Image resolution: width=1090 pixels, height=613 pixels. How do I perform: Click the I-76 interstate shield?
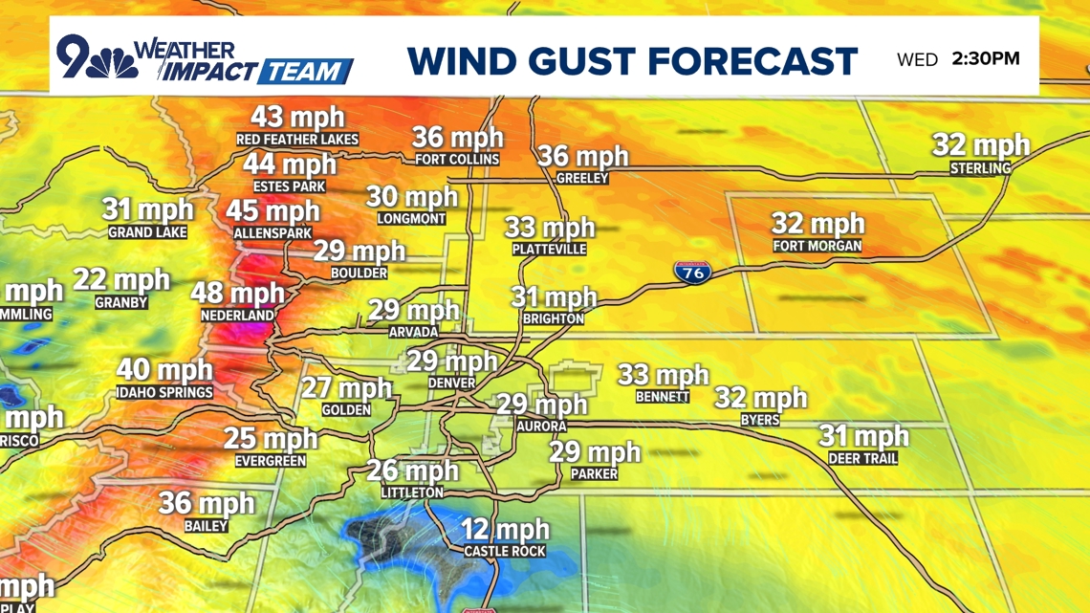coord(691,272)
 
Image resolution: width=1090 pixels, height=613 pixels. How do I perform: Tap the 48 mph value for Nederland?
coord(237,294)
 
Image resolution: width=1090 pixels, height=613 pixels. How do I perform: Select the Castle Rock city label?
coord(504,551)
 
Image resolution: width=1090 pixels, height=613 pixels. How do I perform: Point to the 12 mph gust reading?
coord(505,529)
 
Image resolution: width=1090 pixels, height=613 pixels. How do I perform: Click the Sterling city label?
coord(980,168)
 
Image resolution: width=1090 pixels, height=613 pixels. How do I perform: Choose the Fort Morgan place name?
coord(817,247)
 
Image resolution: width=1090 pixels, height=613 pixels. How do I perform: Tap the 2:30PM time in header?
coord(986,59)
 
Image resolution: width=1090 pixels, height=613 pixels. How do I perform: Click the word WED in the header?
coord(917,60)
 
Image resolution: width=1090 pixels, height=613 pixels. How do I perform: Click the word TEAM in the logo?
coord(305,72)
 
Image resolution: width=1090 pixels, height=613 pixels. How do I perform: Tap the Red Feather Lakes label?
coord(297,140)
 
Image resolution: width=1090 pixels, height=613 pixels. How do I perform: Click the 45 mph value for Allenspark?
coord(273,210)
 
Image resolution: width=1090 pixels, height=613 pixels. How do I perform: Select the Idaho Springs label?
coord(164,392)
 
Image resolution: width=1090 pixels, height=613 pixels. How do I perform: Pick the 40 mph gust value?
coord(164,370)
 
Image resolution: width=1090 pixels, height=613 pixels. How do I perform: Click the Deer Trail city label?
coord(862,459)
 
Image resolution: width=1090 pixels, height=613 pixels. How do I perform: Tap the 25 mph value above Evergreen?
coord(271,439)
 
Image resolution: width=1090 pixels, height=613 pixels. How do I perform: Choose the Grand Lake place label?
coord(147,232)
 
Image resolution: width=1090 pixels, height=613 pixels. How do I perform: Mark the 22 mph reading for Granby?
coord(121,280)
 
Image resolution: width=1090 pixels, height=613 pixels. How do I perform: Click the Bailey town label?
coord(207,526)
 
